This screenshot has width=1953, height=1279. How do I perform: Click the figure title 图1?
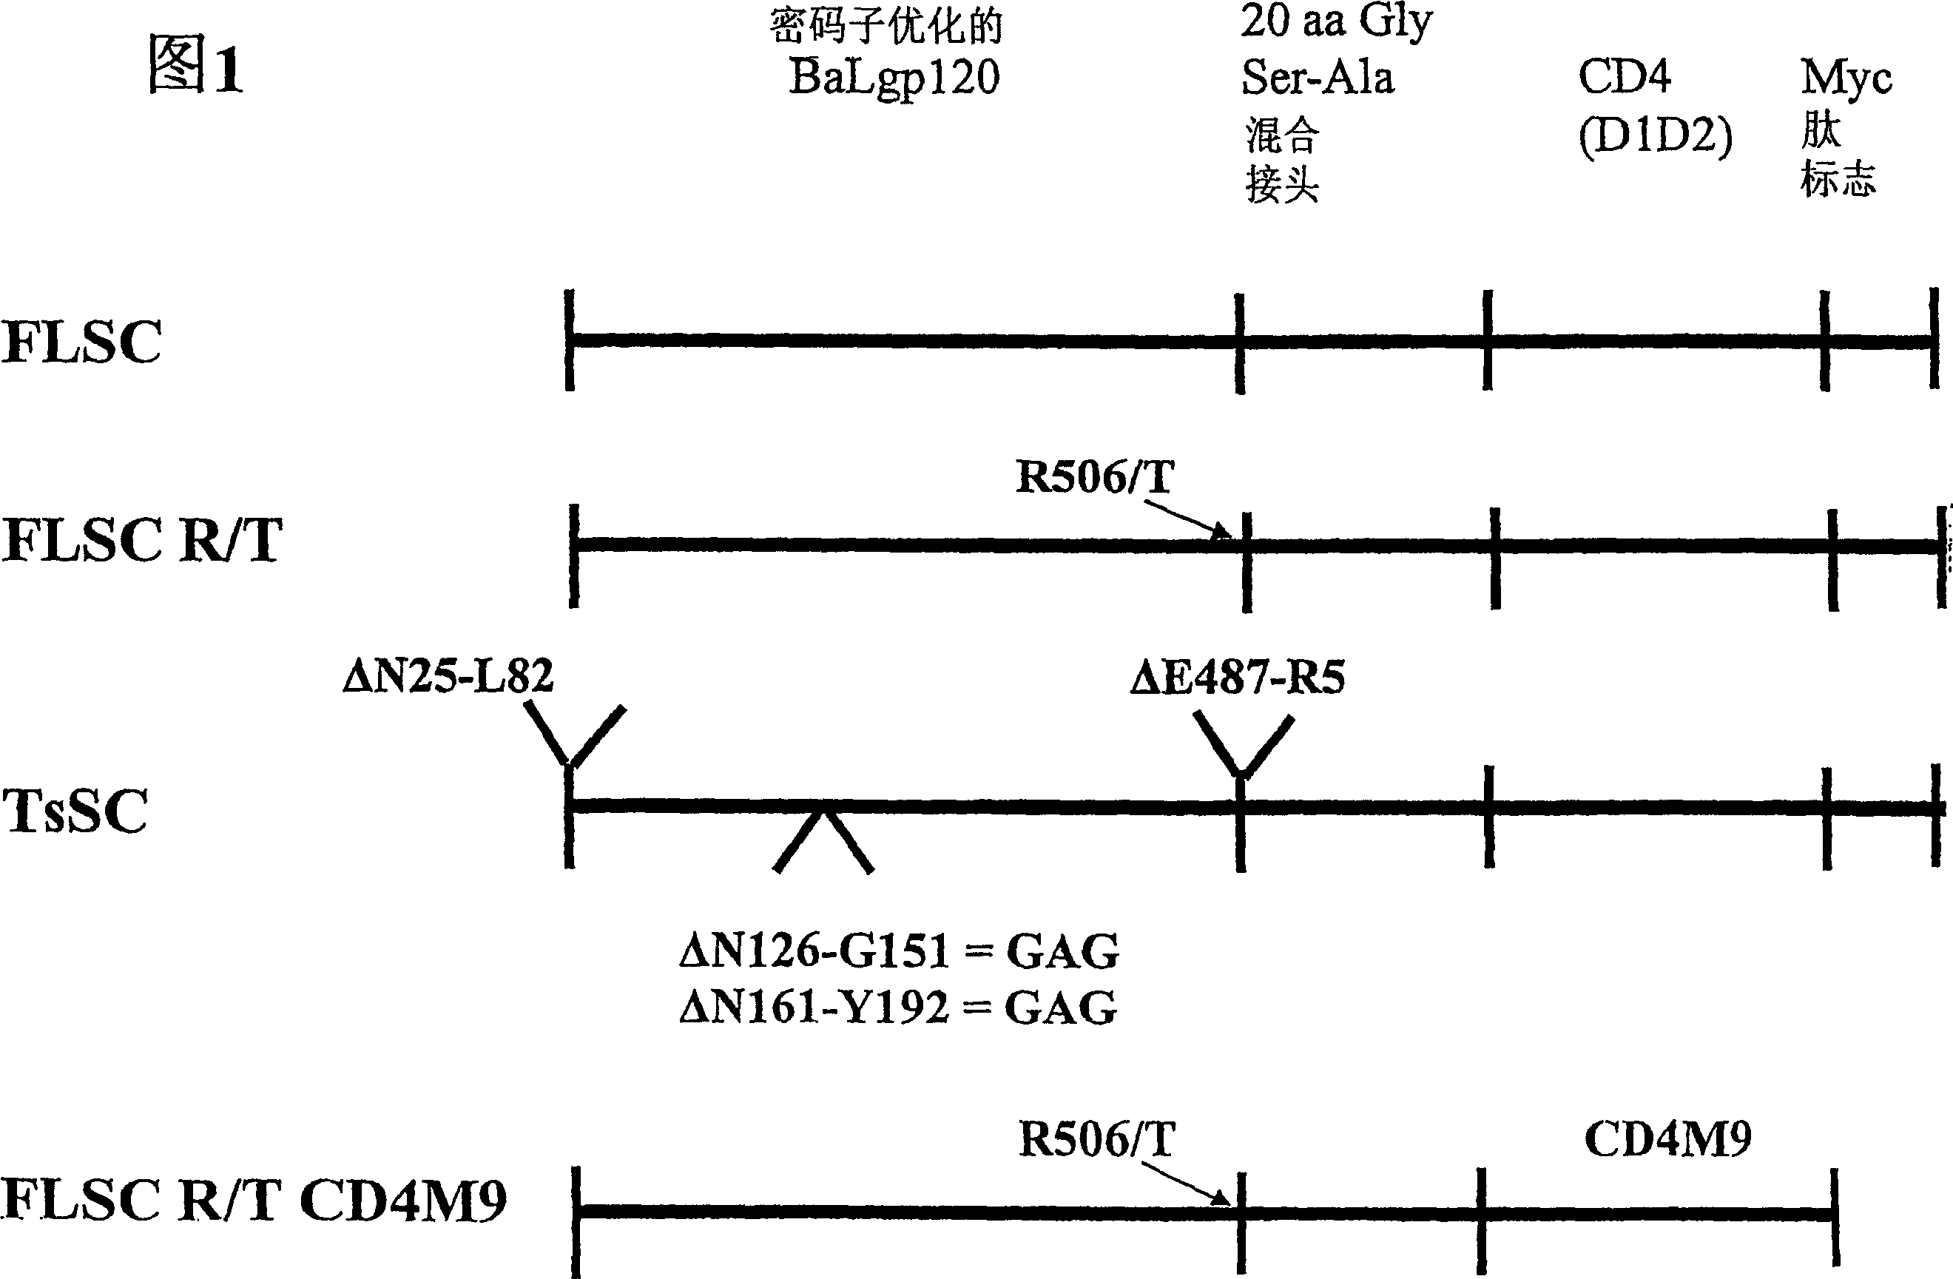tap(195, 67)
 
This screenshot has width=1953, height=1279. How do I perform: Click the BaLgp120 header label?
tap(894, 78)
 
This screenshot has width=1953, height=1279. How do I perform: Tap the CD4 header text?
tap(1624, 77)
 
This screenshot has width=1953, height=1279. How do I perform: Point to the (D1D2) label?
tap(1655, 136)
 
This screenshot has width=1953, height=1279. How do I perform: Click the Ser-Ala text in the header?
tap(1317, 78)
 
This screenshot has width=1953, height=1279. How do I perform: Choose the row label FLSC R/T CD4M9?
tap(254, 1201)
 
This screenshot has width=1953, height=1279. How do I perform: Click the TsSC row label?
tap(75, 811)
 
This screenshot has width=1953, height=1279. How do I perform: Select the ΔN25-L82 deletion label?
tap(448, 677)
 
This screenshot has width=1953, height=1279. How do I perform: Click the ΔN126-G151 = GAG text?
tap(899, 951)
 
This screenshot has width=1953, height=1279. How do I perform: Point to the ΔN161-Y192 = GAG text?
tap(899, 1008)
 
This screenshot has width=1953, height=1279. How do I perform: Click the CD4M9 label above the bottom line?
tap(1667, 1138)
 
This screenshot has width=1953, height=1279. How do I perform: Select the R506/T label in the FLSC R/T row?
tap(1095, 476)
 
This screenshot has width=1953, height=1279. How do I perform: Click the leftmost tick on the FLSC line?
tap(570, 340)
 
